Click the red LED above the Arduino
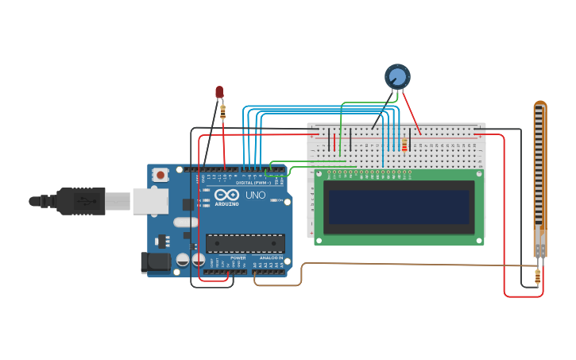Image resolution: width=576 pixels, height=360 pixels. pos(219,91)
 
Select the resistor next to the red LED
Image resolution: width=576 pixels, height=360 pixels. pos(222,111)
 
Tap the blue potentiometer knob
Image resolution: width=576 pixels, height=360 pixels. pos(397,76)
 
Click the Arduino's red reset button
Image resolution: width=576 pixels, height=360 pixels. pos(160,174)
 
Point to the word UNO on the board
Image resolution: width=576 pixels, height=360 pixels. pos(256,195)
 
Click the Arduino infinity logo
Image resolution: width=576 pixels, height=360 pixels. pos(226,195)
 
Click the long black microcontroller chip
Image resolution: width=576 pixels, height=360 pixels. pos(245,243)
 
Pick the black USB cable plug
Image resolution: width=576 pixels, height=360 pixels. pos(79,202)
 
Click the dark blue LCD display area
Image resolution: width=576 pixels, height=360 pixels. pos(399,207)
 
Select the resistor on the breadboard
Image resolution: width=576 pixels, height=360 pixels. pos(404,145)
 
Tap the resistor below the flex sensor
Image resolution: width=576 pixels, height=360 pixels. pos(538,277)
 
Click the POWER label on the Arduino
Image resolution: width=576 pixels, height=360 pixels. pos(238,258)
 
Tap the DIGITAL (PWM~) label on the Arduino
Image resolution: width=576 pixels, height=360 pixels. pos(253,182)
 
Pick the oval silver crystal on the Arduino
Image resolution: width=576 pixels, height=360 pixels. pos(184,223)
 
